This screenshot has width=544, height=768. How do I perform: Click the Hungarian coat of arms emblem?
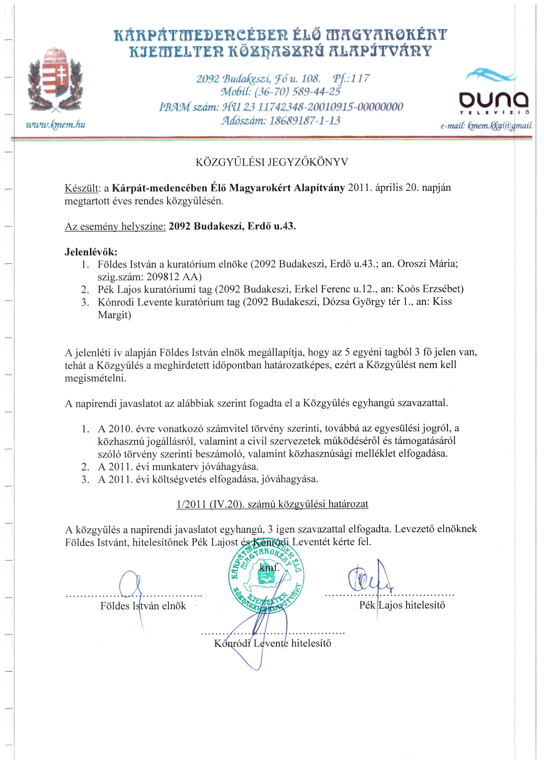[x=54, y=81]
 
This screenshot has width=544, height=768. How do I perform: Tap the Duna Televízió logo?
[x=493, y=94]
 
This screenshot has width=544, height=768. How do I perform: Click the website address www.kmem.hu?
[x=56, y=125]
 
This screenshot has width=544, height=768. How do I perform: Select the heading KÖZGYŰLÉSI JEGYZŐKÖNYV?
[x=271, y=162]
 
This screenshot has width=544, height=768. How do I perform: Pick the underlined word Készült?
[x=82, y=188]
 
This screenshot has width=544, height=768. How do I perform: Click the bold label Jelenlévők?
[x=91, y=252]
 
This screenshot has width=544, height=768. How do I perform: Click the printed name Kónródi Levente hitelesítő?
[x=272, y=643]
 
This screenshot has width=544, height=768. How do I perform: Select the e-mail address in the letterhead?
[x=487, y=126]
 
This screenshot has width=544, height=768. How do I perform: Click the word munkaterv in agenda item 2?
[x=175, y=467]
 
